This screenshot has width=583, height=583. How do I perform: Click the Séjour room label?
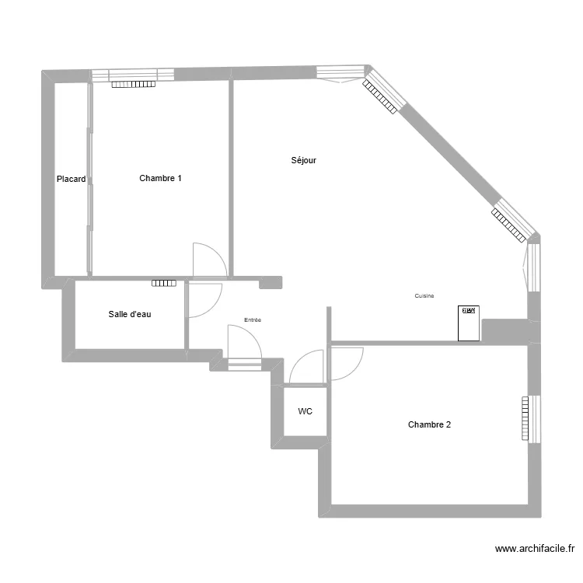(303, 160)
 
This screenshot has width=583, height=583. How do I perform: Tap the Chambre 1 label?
(161, 178)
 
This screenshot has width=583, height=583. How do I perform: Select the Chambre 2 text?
(429, 424)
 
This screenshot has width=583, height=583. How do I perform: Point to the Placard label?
(71, 179)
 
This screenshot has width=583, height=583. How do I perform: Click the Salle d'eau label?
(130, 315)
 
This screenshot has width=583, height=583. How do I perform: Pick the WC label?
(305, 412)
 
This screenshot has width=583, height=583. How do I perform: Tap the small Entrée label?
(253, 319)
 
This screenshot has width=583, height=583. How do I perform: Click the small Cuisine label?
(424, 296)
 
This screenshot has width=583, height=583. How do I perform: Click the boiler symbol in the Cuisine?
(469, 323)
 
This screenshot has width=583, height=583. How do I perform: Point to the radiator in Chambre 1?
(134, 84)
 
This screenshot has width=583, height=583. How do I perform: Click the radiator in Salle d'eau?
(164, 283)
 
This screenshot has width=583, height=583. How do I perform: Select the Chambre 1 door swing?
(208, 260)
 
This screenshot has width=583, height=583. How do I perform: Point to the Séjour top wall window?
(340, 73)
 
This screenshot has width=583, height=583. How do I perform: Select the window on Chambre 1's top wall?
(132, 75)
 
